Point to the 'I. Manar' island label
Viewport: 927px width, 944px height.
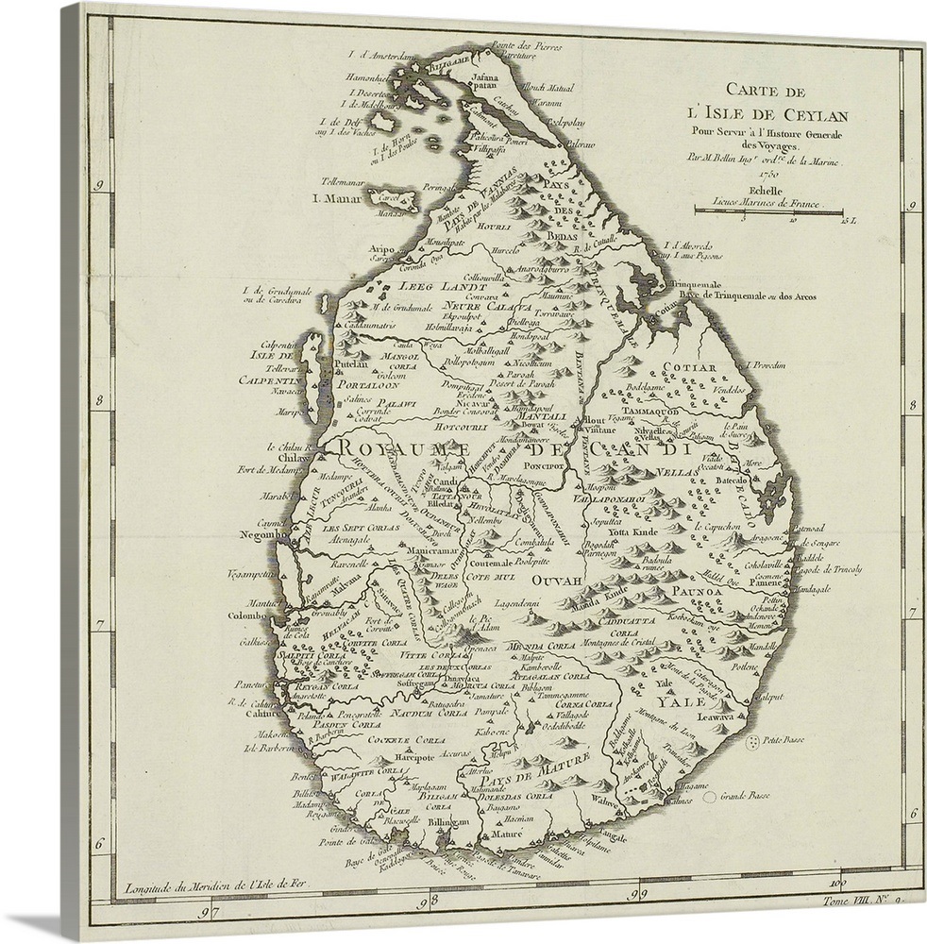(338, 199)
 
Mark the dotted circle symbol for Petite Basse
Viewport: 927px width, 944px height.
(752, 744)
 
